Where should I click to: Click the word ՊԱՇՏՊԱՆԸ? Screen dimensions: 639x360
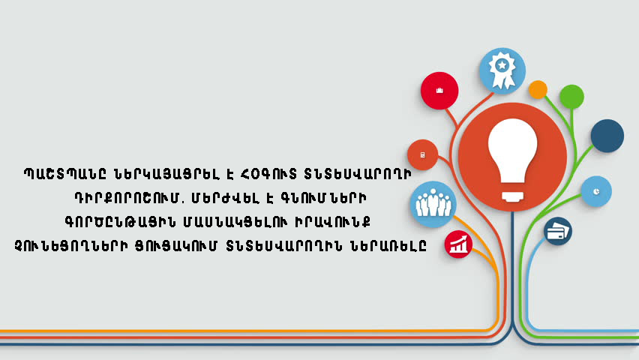coord(65,174)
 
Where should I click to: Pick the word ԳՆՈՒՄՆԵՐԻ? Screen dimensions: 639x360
coord(323,198)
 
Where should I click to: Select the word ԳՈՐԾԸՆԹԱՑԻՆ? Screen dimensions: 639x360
coord(120,222)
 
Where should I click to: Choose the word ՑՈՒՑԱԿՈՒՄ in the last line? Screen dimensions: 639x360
coord(176,246)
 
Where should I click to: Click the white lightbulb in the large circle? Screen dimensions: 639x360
coord(512,160)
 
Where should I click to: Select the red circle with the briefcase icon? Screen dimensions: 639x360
coord(439,91)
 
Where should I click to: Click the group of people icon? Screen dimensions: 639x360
coord(433,202)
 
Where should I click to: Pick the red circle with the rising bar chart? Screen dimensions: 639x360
coord(458,244)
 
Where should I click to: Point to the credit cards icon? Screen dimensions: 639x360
coord(557,231)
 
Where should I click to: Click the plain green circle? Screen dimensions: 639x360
coord(571,97)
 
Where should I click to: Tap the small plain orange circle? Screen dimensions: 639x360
coord(538,90)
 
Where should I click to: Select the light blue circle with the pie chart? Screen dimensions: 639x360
coord(596,191)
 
